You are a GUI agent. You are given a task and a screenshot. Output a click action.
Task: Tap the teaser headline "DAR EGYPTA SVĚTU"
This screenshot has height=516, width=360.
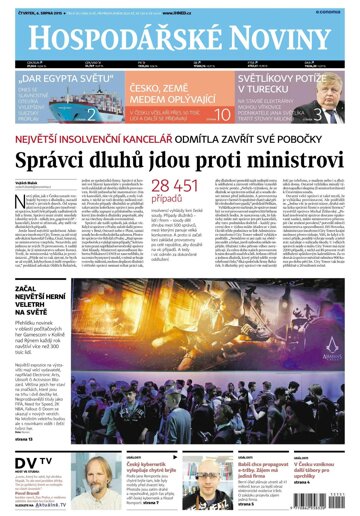click(58, 76)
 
